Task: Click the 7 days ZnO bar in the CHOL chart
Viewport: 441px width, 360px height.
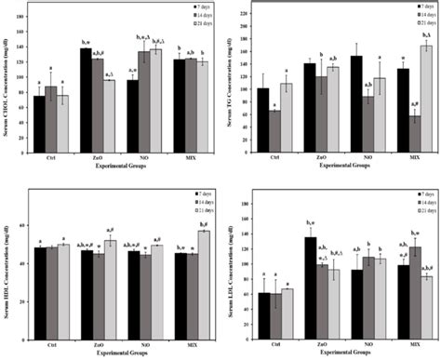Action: tap(86, 99)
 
